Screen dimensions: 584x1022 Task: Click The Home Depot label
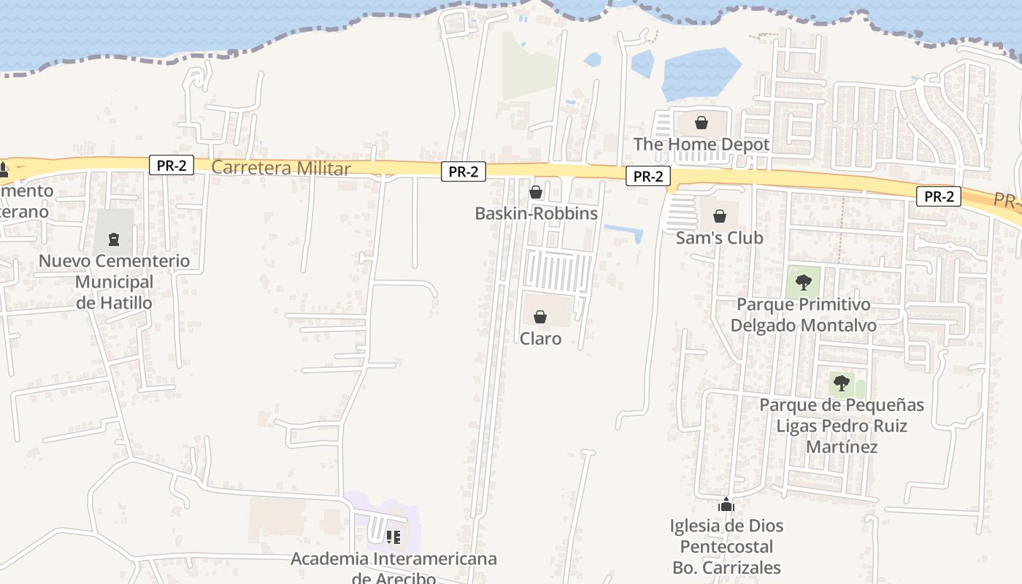pos(701,145)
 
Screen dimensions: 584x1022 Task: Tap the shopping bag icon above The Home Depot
pos(702,123)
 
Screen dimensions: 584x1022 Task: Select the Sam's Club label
pos(719,238)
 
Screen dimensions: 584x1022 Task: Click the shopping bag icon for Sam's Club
pos(720,216)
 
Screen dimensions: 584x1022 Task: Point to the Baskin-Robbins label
pos(536,214)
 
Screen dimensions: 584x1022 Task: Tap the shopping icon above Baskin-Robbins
pos(536,192)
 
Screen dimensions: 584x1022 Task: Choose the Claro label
pos(540,339)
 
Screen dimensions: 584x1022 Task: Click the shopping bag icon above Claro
pos(540,317)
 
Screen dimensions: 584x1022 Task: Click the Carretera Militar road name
pos(281,169)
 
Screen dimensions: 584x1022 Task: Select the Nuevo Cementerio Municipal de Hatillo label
pos(114,282)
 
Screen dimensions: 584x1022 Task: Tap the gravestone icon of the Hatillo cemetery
pos(114,239)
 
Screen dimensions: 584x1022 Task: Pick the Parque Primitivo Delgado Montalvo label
pos(803,315)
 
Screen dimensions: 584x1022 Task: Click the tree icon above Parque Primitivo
pos(803,282)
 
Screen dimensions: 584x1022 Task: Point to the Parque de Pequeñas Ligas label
pos(842,426)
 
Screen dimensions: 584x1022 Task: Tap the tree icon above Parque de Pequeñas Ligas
pos(842,383)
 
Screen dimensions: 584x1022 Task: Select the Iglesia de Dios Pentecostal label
pos(726,546)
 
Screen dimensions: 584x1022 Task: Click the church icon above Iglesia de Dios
pos(726,504)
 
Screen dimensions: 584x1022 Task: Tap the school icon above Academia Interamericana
pos(393,538)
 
